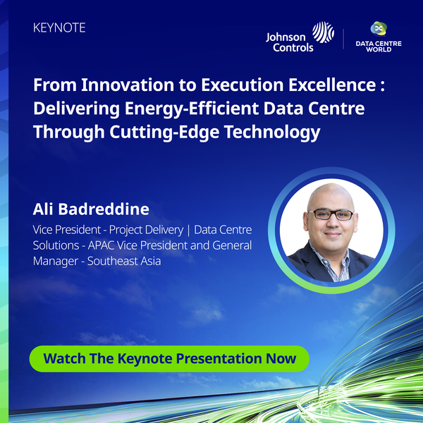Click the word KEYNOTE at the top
(x=59, y=27)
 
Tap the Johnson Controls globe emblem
(x=323, y=32)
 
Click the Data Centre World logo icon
(x=379, y=28)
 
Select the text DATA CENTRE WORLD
(x=379, y=47)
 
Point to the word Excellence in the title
(x=332, y=85)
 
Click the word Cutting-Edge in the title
(x=164, y=133)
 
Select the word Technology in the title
(x=272, y=133)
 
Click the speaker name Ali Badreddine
(x=91, y=209)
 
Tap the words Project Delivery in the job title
(x=146, y=230)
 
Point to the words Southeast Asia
(x=124, y=261)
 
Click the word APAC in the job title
(x=101, y=245)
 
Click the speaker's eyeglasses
(x=331, y=214)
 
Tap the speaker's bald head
(x=331, y=195)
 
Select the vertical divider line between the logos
(x=343, y=39)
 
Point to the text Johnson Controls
(x=290, y=42)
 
